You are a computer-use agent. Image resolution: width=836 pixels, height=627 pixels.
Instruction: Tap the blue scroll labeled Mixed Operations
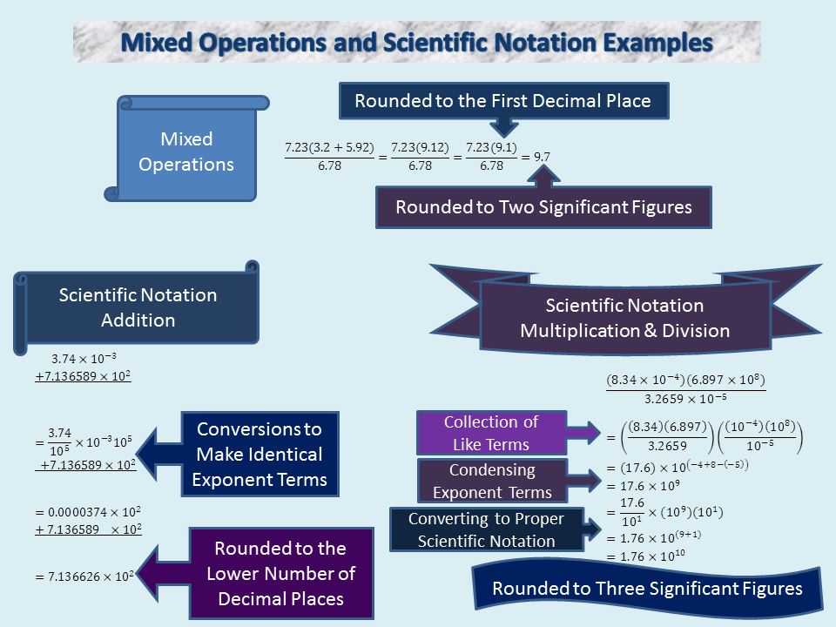pyautogui.click(x=187, y=152)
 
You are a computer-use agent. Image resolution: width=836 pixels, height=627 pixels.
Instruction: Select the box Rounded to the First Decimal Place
pyautogui.click(x=502, y=101)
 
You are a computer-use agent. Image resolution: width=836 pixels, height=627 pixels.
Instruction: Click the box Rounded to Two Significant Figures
pyautogui.click(x=543, y=207)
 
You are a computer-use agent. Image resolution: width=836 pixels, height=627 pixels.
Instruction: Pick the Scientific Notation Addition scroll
pyautogui.click(x=138, y=307)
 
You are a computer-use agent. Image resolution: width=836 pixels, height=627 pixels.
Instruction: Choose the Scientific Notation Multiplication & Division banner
pyautogui.click(x=624, y=318)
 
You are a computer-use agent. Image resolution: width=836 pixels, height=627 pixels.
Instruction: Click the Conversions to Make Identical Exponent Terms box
pyautogui.click(x=260, y=454)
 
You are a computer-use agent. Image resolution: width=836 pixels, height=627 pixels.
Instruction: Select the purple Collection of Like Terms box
pyautogui.click(x=491, y=433)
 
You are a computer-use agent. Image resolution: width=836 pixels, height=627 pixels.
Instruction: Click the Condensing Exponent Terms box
pyautogui.click(x=492, y=481)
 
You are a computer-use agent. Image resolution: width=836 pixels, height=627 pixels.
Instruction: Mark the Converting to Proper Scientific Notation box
pyautogui.click(x=486, y=529)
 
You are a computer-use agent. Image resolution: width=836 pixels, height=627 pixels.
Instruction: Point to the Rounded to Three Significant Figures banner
pyautogui.click(x=647, y=589)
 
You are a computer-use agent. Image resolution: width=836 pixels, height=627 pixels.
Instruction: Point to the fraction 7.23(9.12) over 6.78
pyautogui.click(x=420, y=157)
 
